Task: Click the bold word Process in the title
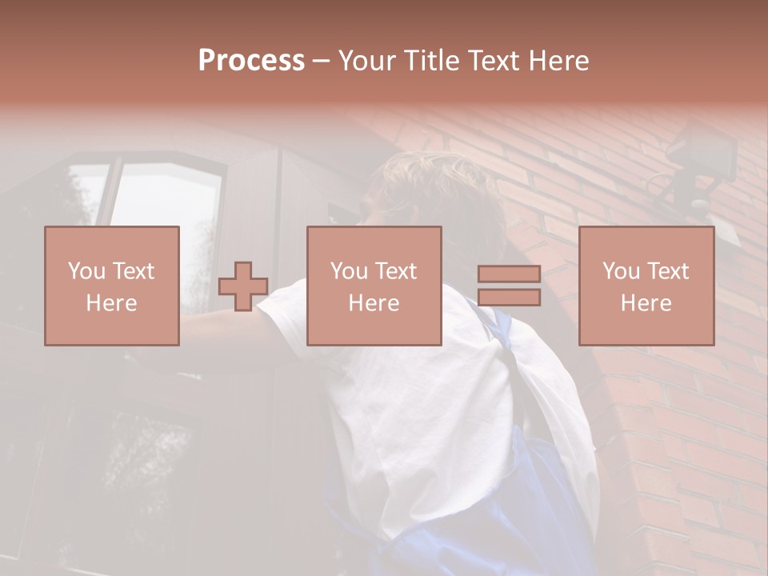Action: coord(251,61)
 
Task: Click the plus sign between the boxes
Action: coord(243,286)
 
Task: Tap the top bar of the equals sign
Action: coord(509,274)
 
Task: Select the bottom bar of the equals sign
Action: coord(509,298)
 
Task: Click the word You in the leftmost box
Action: coord(84,270)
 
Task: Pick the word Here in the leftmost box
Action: coord(111,303)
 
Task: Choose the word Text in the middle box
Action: coord(395,270)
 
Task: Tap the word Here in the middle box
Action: coord(374,303)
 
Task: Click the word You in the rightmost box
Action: coord(619,270)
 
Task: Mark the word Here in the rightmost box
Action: coord(646,303)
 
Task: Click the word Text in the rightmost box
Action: coord(667,270)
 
